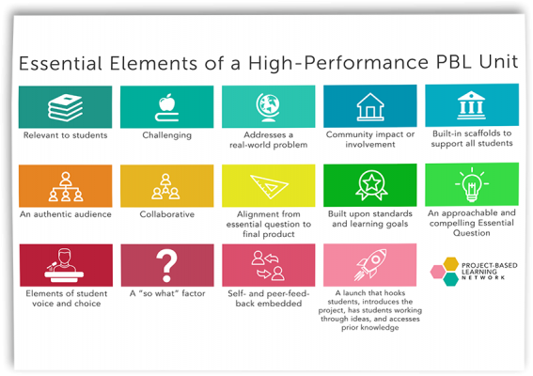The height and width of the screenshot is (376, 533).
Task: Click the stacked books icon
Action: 65,106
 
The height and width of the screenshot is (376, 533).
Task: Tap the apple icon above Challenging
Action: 167,106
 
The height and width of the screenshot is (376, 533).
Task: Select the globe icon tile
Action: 268,106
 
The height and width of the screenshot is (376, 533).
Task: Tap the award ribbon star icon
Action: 369,186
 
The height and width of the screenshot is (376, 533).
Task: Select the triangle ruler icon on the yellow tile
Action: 268,186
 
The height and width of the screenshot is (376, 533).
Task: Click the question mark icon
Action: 167,264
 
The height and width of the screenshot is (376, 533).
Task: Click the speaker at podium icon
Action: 65,264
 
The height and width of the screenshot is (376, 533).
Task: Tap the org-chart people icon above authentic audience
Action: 65,186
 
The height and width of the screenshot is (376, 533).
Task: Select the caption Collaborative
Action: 167,214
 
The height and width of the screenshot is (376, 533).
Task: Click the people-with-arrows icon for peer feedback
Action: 268,264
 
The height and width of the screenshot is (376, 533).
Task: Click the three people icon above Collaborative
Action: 167,186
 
